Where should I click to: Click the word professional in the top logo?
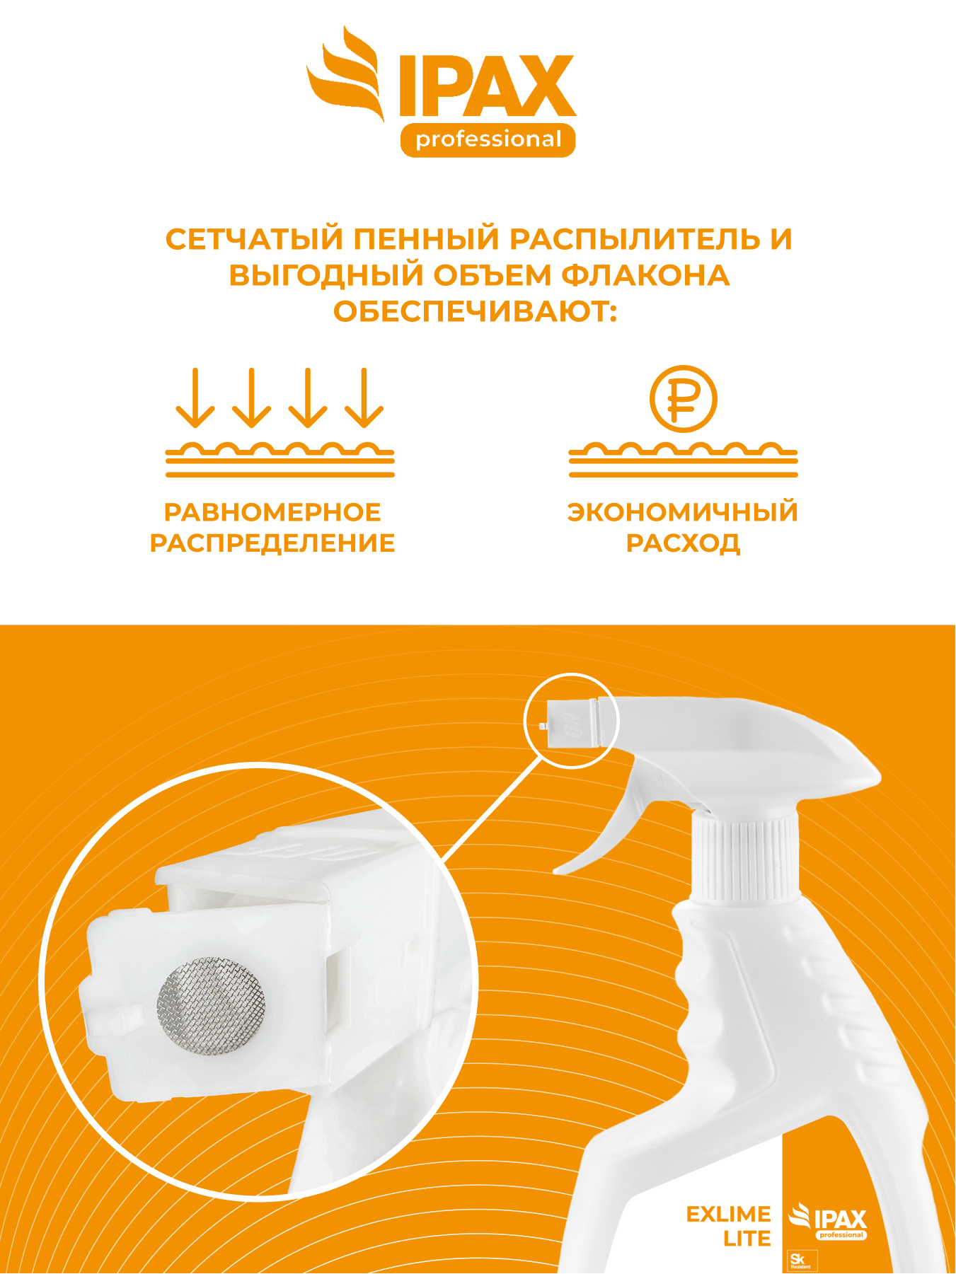pos(488,139)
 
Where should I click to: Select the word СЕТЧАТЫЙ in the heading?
pos(253,239)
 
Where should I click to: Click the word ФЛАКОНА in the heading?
pos(645,275)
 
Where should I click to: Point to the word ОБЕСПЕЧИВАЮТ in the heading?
pos(476,311)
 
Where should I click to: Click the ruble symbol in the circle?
pos(684,399)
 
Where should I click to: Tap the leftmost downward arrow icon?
pos(195,398)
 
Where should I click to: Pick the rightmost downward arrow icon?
pos(364,398)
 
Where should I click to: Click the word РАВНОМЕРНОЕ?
pos(272,511)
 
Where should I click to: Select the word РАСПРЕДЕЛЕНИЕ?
pos(272,543)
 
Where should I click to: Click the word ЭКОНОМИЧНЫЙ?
pos(683,511)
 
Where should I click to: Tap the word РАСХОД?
pos(683,543)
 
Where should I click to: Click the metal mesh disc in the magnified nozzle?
pos(211,1006)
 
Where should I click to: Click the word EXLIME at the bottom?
pos(728,1214)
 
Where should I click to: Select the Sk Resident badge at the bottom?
pos(803,1261)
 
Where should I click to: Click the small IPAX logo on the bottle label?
pos(828,1220)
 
